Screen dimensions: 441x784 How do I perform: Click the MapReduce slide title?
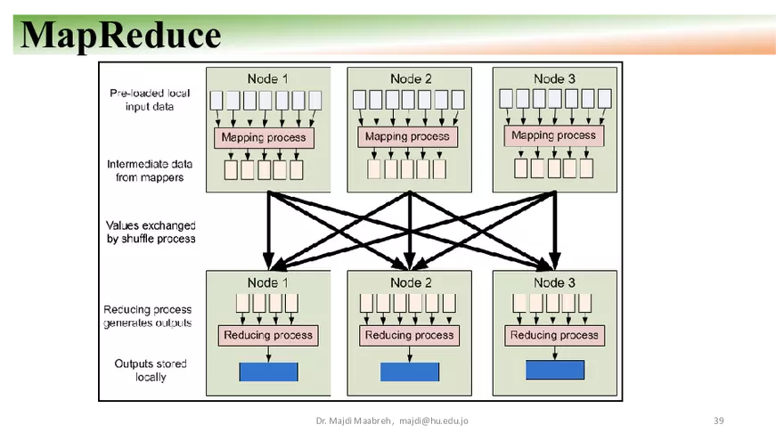120,35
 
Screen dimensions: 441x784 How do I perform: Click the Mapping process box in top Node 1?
263,137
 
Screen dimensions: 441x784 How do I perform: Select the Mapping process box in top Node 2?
407,136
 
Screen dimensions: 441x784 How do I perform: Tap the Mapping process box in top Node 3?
554,135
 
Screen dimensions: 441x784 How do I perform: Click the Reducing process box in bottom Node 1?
268,336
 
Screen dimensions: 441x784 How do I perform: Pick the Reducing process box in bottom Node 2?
410,336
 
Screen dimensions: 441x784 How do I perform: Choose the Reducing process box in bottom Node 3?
554,335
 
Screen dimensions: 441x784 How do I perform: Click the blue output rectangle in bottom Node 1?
268,372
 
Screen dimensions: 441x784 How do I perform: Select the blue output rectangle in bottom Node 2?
410,372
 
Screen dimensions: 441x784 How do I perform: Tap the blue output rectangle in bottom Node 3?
554,370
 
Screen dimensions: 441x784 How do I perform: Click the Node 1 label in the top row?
267,78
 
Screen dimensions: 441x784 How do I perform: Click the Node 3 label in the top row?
554,78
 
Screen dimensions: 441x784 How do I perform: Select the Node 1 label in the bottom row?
267,282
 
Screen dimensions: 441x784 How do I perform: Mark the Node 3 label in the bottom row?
554,282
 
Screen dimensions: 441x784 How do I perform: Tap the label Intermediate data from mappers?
144,170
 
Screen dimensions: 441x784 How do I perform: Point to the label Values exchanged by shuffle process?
151,232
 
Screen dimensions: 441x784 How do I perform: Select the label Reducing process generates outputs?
147,315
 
